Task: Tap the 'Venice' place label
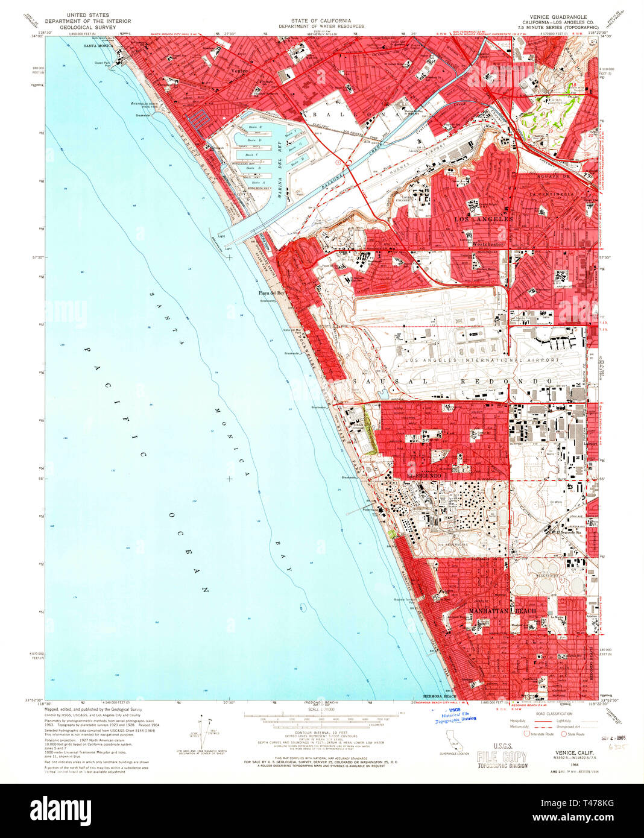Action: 239,71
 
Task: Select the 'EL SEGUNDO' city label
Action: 425,476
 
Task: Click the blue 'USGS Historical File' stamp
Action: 455,715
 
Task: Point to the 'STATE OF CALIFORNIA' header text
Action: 321,20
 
